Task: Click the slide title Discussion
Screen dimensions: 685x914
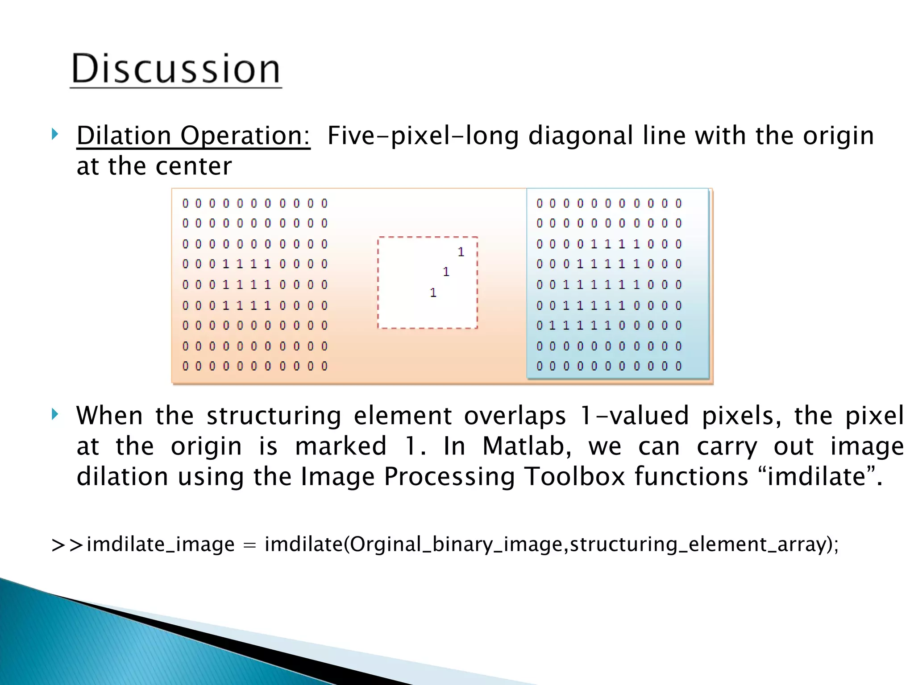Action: [176, 69]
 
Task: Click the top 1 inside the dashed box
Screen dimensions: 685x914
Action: [461, 252]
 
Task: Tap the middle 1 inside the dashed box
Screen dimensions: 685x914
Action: [446, 272]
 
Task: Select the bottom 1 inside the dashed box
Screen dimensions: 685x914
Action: [433, 293]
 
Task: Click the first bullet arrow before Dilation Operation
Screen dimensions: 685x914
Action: [54, 134]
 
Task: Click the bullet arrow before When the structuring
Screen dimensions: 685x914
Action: [54, 414]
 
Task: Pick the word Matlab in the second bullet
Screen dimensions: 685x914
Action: [527, 446]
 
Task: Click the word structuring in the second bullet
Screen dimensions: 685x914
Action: [274, 415]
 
